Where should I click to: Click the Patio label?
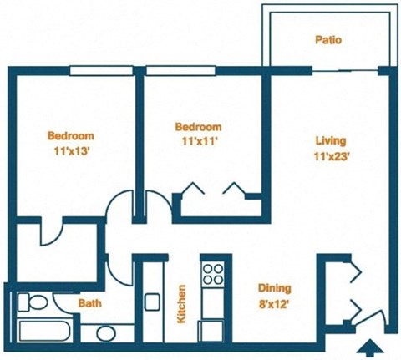[x=327, y=39]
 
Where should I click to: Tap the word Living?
[x=331, y=140]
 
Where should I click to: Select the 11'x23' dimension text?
[x=331, y=155]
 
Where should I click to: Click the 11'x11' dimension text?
[x=198, y=141]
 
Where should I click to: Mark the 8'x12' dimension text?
[x=274, y=303]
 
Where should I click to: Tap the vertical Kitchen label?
[x=180, y=303]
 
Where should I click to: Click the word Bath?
[x=90, y=303]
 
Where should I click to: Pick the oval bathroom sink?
[x=106, y=333]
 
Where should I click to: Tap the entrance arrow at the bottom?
[x=368, y=346]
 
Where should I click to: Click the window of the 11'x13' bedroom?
[x=102, y=70]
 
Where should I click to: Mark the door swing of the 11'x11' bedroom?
[x=155, y=205]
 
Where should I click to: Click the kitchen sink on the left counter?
[x=151, y=300]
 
